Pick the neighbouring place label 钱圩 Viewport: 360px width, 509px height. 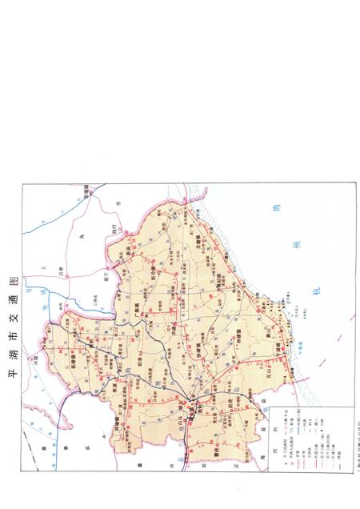pos(114,230)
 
